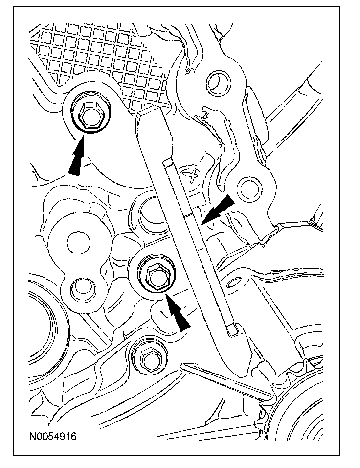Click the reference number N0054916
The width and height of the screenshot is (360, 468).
(53, 436)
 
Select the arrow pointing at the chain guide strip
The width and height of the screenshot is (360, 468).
(218, 209)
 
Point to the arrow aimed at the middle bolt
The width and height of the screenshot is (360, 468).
(178, 311)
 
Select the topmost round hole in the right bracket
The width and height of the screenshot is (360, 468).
(219, 82)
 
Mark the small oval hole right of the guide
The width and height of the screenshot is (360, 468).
(234, 282)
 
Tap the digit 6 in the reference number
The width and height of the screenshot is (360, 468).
(74, 436)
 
